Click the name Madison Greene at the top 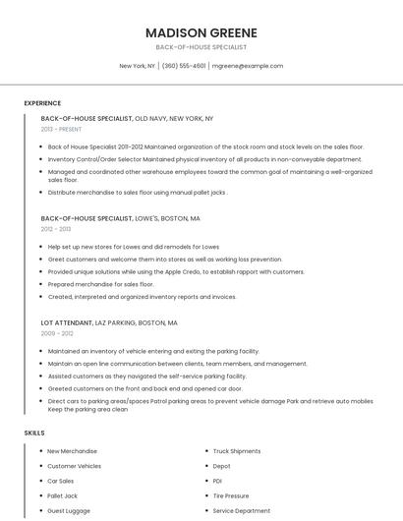(x=201, y=31)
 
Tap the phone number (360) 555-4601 (x=184, y=66)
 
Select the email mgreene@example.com (x=248, y=66)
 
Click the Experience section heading (x=42, y=103)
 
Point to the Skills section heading (x=34, y=433)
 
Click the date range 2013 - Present (x=62, y=129)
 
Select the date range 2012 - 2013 (x=55, y=229)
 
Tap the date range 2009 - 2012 (x=57, y=333)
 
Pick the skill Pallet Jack (x=62, y=496)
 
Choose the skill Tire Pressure (x=231, y=496)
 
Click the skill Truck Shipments (x=237, y=451)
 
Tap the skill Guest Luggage (x=69, y=511)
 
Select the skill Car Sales (x=60, y=482)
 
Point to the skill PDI (x=217, y=482)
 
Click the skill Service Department (x=242, y=511)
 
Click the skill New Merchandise (x=72, y=451)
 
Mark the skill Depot (x=221, y=466)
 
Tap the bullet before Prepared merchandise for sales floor (x=41, y=284)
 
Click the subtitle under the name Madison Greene (x=201, y=47)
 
